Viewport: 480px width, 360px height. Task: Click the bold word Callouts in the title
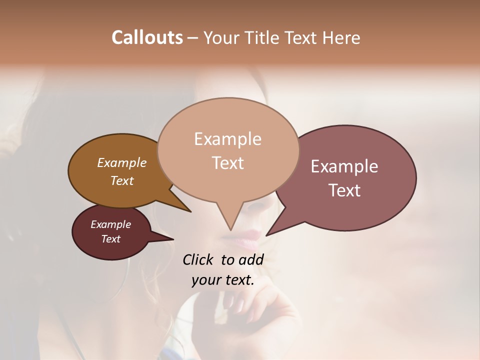point(147,37)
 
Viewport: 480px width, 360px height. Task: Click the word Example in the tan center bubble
point(227,139)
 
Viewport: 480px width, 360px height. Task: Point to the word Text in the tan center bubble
point(228,163)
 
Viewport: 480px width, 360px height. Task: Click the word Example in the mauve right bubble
point(344,166)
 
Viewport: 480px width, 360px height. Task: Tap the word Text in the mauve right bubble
point(345,190)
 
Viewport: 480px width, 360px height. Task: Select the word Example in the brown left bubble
point(122,162)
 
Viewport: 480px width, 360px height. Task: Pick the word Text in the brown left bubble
point(122,180)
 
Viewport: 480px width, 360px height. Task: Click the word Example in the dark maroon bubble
point(111,224)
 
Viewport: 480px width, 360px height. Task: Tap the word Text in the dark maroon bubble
point(111,239)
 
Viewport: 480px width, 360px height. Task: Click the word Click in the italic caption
point(199,259)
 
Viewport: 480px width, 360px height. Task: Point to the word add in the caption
point(251,259)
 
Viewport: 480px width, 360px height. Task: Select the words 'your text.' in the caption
point(223,280)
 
